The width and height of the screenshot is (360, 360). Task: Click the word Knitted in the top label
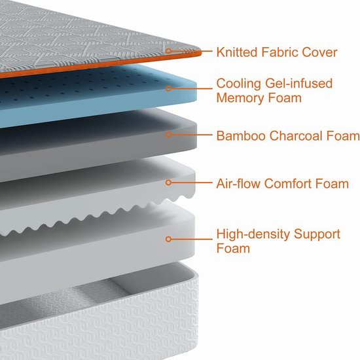tap(237, 52)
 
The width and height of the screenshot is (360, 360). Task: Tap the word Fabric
tap(279, 52)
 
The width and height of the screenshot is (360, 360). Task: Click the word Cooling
tap(238, 84)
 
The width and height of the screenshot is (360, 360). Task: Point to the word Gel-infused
tap(298, 83)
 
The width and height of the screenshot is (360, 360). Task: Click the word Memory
tap(240, 98)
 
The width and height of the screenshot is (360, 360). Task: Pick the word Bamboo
tap(241, 135)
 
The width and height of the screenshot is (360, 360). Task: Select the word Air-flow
tap(238, 184)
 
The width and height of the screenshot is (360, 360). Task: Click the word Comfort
tap(288, 184)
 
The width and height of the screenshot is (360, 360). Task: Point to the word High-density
tap(253, 235)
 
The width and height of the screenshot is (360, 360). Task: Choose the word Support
tap(317, 235)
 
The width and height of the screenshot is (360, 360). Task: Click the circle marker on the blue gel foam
tap(168, 88)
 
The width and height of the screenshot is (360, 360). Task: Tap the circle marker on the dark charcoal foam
tap(168, 135)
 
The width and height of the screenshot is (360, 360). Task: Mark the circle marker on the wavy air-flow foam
tap(168, 183)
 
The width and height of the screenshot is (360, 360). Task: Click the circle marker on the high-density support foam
tap(168, 239)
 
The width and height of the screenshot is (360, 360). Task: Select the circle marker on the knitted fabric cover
tap(168, 51)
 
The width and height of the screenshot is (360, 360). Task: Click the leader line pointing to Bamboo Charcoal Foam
tap(192, 135)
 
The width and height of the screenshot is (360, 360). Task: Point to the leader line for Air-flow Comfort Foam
tap(192, 183)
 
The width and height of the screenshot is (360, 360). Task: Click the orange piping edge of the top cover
tap(101, 65)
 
